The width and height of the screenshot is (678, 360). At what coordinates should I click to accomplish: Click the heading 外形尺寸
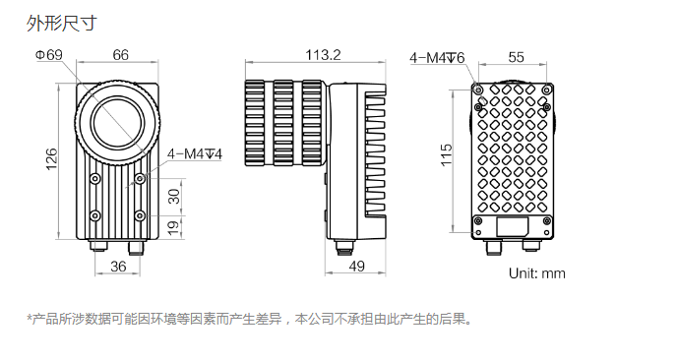point(62,23)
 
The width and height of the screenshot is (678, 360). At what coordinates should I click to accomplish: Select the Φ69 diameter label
point(49,55)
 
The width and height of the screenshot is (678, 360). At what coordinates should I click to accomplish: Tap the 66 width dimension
point(121,55)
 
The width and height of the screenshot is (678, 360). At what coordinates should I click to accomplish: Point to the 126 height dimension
point(51,159)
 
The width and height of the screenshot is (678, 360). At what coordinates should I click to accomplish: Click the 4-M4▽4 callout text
point(195,153)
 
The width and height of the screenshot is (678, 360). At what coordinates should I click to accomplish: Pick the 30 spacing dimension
point(174,196)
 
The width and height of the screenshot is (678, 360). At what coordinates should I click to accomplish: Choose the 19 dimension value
point(173,228)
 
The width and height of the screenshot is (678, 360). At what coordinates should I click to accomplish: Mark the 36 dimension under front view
point(118,267)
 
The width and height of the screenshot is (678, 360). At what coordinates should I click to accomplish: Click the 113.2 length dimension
point(323,55)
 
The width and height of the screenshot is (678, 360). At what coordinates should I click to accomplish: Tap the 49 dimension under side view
point(357,267)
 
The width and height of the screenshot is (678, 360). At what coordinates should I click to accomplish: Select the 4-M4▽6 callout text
point(437,57)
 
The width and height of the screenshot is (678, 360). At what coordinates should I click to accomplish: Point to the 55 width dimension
point(517,57)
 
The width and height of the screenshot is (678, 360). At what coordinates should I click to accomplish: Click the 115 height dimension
point(446,154)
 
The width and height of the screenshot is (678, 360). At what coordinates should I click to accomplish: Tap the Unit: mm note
point(537,273)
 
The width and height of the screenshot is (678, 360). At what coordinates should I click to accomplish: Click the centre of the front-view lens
point(117,123)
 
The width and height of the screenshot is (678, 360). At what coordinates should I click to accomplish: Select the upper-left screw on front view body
point(94,178)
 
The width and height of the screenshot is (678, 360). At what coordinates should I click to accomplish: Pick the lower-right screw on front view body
point(140,215)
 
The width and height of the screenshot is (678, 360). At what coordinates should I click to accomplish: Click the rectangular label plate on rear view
point(513,227)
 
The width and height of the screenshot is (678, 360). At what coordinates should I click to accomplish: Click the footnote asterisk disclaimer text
point(249,320)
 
